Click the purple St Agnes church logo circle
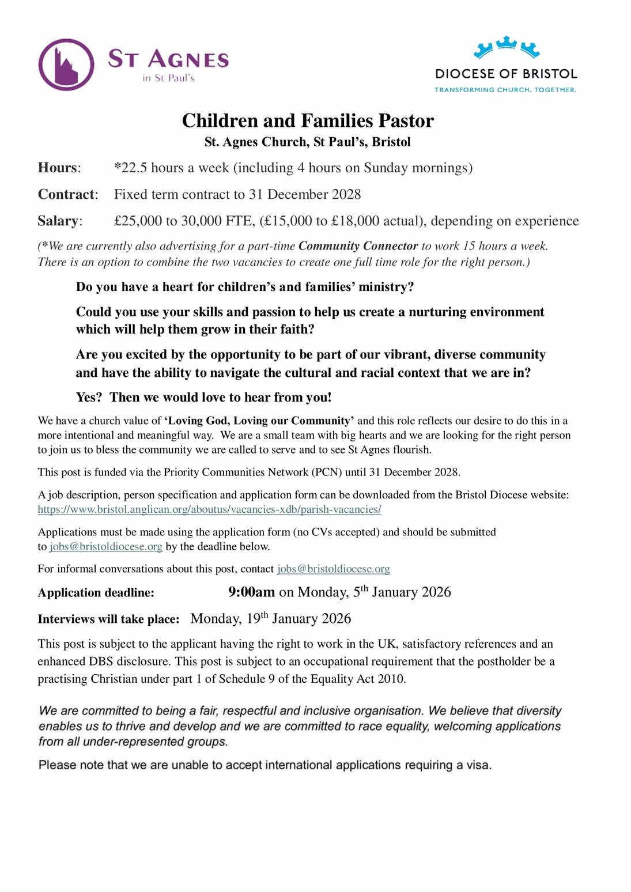66,65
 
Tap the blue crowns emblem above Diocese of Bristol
506,47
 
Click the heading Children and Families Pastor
308,120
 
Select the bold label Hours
58,168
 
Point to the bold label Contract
66,194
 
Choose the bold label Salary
58,221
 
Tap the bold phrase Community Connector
358,246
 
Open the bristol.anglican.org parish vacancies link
209,509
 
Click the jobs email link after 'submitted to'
105,546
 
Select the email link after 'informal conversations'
333,569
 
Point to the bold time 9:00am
251,592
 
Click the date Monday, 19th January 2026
270,619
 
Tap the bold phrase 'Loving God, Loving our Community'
259,421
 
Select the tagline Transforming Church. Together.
505,90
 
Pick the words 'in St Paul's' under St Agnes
168,78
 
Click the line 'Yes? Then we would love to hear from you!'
203,397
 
